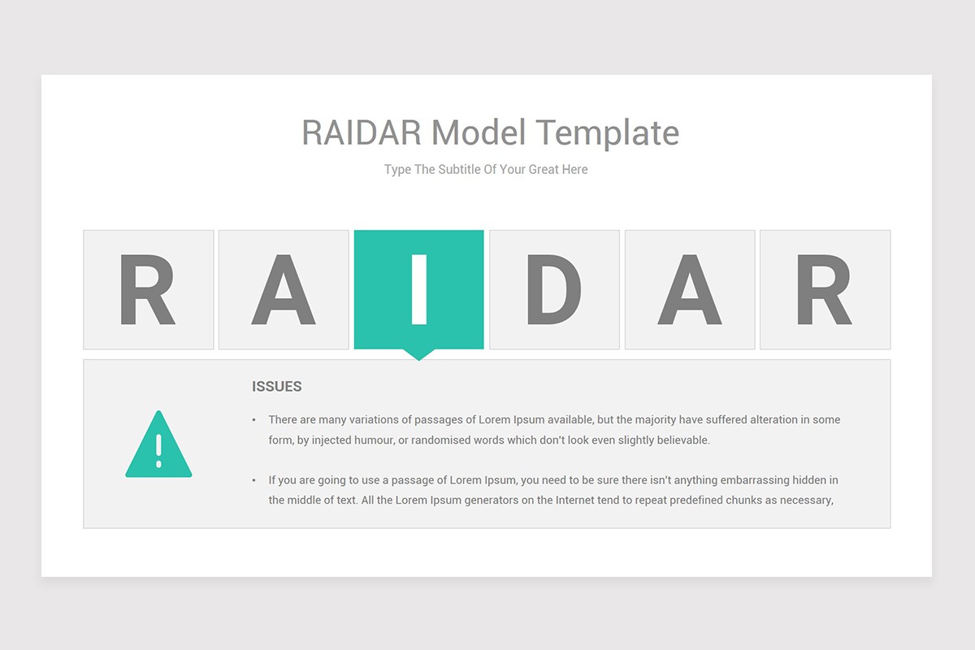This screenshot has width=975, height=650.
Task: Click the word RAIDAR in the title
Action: click(x=362, y=132)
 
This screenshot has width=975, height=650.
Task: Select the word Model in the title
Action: click(x=479, y=132)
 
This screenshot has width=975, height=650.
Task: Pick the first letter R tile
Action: click(x=149, y=289)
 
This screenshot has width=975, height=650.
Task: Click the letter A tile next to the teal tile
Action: click(x=284, y=289)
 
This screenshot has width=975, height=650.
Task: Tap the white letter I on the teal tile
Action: click(x=419, y=289)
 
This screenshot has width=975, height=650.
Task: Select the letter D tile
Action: click(x=554, y=289)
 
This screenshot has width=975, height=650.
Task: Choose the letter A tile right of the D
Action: click(x=690, y=289)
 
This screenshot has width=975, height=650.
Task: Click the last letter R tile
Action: click(x=825, y=289)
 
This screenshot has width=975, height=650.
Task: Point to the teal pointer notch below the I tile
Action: click(x=418, y=354)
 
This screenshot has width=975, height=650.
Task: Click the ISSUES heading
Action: click(x=277, y=387)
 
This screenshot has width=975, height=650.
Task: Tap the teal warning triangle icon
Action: click(x=158, y=444)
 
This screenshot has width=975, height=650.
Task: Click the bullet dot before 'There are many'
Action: click(x=253, y=420)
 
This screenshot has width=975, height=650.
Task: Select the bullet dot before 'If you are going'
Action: click(x=253, y=480)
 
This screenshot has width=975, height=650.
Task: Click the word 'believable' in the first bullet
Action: click(x=683, y=440)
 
